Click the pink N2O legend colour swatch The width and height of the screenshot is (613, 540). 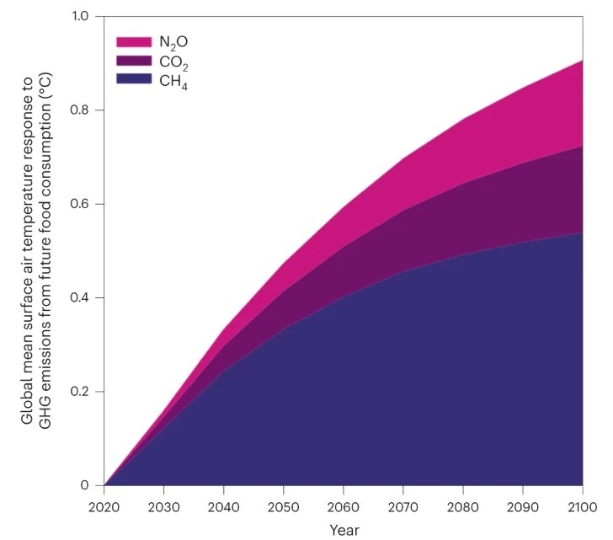(x=133, y=41)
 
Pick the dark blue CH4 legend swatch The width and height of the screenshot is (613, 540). (x=133, y=80)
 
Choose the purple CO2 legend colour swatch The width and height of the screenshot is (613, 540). (x=133, y=61)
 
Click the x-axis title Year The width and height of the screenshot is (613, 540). (x=344, y=531)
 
